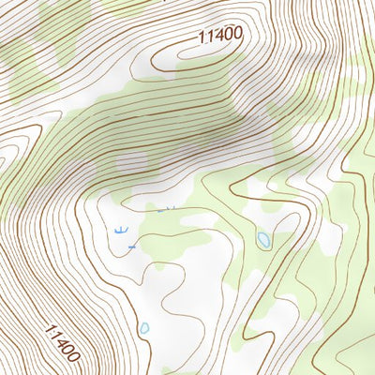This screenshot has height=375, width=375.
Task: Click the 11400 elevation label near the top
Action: coord(221,36)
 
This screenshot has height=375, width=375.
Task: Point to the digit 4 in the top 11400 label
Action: coord(218,36)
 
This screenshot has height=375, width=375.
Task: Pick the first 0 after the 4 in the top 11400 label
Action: coord(229,35)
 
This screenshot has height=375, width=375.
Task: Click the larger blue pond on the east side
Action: coord(263,240)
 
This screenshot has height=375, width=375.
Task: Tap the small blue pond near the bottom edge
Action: coord(144,328)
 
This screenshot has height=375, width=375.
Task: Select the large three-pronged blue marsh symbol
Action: coord(119,229)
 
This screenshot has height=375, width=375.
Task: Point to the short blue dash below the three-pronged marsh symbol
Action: coord(132,246)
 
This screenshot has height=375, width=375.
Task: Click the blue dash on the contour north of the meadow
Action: coord(159,211)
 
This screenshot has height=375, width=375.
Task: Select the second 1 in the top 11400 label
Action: coord(210,37)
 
